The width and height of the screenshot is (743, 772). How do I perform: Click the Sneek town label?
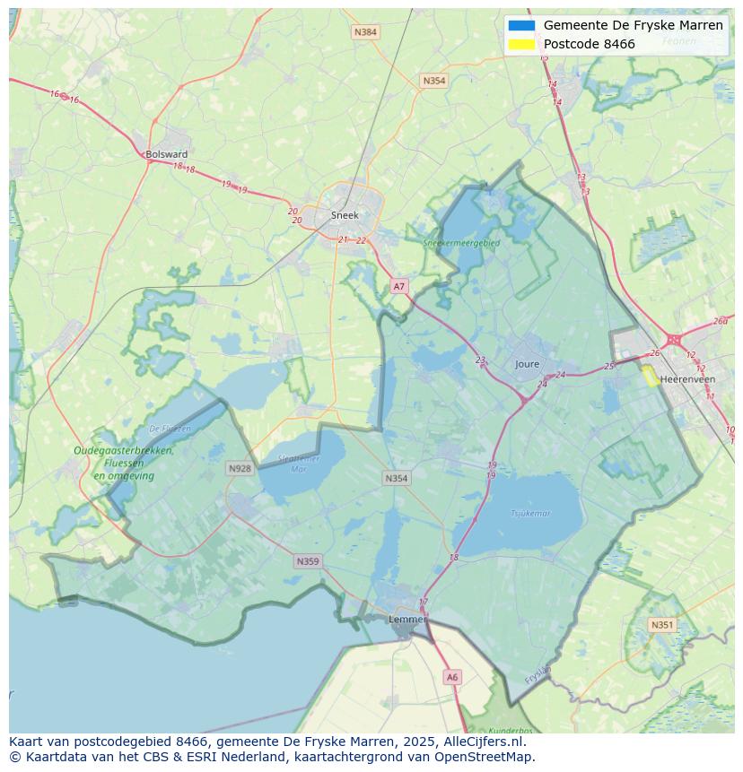pyautogui.click(x=345, y=215)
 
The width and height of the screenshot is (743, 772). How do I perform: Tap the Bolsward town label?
pyautogui.click(x=167, y=154)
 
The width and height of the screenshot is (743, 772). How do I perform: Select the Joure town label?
pyautogui.click(x=528, y=364)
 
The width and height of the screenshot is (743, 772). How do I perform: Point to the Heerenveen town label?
pyautogui.click(x=687, y=379)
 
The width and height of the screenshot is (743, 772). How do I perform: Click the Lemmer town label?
pyautogui.click(x=406, y=619)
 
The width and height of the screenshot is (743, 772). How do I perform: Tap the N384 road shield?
pyautogui.click(x=365, y=32)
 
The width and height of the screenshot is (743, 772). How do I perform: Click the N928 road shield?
pyautogui.click(x=240, y=468)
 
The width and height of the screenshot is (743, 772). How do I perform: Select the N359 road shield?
pyautogui.click(x=307, y=561)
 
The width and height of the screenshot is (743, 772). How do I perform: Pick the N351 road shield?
pyautogui.click(x=662, y=625)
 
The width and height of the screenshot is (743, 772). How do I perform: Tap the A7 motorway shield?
pyautogui.click(x=399, y=287)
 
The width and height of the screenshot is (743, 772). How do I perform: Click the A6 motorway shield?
pyautogui.click(x=452, y=678)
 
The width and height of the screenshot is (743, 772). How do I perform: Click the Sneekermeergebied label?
pyautogui.click(x=461, y=242)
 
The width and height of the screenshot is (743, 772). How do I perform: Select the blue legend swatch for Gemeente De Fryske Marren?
pyautogui.click(x=521, y=26)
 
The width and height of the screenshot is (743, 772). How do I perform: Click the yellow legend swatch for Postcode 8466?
pyautogui.click(x=521, y=44)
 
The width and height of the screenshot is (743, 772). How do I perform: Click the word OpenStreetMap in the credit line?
pyautogui.click(x=485, y=757)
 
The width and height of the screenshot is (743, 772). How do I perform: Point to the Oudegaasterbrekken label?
pyautogui.click(x=124, y=451)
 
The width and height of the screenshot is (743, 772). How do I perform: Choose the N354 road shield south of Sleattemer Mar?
pyautogui.click(x=396, y=478)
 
